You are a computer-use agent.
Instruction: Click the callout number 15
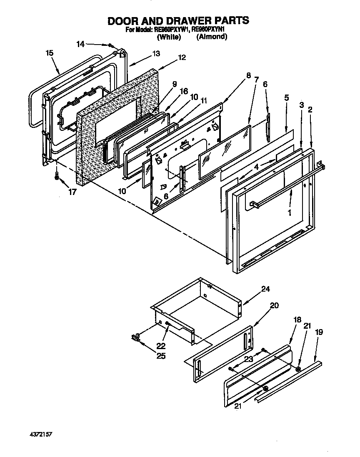point(50,53)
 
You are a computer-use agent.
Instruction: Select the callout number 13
point(156,54)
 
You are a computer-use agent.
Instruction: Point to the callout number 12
point(182,58)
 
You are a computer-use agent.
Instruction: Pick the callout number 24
point(265,289)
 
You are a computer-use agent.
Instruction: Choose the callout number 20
point(274,305)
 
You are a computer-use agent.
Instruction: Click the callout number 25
point(160,356)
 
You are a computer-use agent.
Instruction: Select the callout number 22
point(160,345)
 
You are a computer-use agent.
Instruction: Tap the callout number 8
point(249,75)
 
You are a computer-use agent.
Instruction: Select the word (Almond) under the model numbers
point(212,37)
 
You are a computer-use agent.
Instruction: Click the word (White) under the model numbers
point(168,37)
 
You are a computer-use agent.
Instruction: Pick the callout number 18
point(297,320)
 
